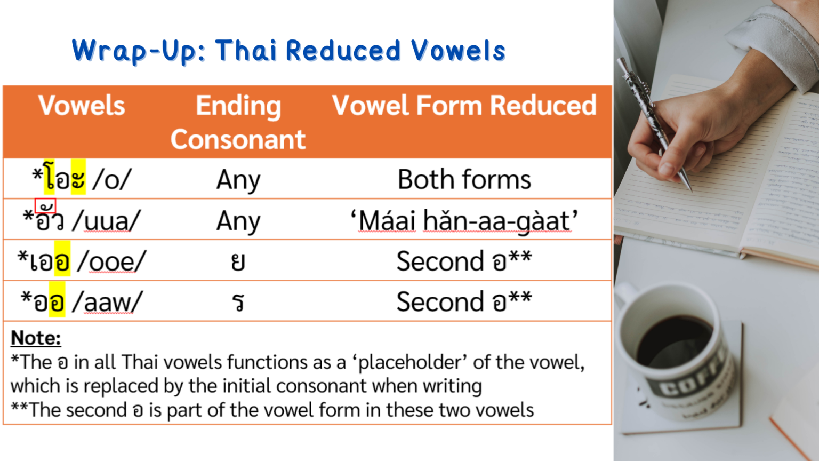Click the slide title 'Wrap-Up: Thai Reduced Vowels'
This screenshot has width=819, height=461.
(x=288, y=51)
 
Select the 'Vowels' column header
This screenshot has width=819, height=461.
(x=82, y=106)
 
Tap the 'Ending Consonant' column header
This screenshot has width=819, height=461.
(x=238, y=122)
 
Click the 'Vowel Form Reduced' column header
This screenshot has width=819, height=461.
(x=464, y=106)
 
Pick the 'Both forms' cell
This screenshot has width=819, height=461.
(x=464, y=180)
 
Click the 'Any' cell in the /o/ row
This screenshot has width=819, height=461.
(x=238, y=180)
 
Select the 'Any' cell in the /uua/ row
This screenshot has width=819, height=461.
(x=238, y=221)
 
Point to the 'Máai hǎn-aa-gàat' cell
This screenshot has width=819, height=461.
(x=464, y=221)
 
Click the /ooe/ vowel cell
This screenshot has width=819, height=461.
(x=82, y=261)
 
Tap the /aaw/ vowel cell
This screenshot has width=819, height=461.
(x=82, y=302)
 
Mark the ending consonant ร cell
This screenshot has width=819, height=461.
(x=238, y=303)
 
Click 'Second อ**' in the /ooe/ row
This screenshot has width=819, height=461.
(x=464, y=261)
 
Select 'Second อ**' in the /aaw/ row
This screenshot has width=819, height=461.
(x=464, y=302)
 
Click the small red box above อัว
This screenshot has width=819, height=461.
(x=45, y=205)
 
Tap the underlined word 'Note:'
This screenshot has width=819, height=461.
(x=36, y=338)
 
